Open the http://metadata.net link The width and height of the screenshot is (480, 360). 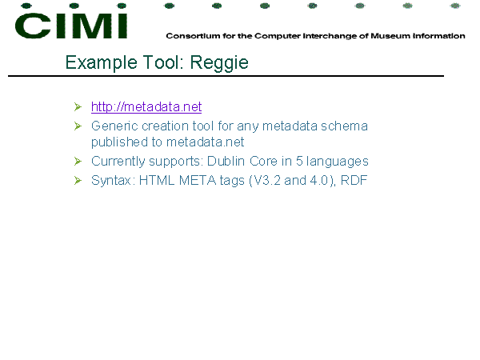pyautogui.click(x=146, y=107)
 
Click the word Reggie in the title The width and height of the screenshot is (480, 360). pyautogui.click(x=219, y=63)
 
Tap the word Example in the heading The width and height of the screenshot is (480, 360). pyautogui.click(x=102, y=63)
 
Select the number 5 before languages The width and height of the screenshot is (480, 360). pyautogui.click(x=299, y=162)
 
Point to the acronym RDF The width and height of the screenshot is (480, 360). pyautogui.click(x=354, y=180)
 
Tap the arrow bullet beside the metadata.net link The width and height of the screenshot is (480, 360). pyautogui.click(x=78, y=107)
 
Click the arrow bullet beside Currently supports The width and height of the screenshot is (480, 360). pyautogui.click(x=78, y=162)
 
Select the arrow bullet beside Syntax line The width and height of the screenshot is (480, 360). pyautogui.click(x=78, y=181)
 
